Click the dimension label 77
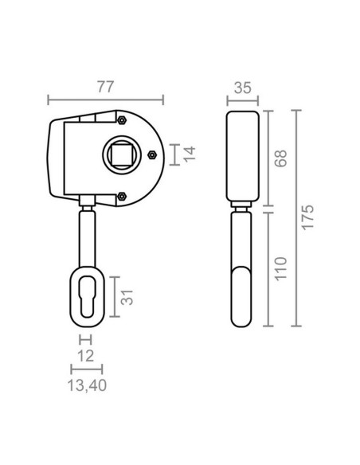[x=105, y=87]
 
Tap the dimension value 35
[x=243, y=88]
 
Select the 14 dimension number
[x=190, y=154]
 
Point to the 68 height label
[x=280, y=158]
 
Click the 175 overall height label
[x=307, y=217]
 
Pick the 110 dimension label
[x=280, y=268]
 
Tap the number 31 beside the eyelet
[x=127, y=297]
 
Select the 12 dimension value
[x=86, y=356]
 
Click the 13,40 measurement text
[x=87, y=385]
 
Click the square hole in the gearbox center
[x=122, y=155]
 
